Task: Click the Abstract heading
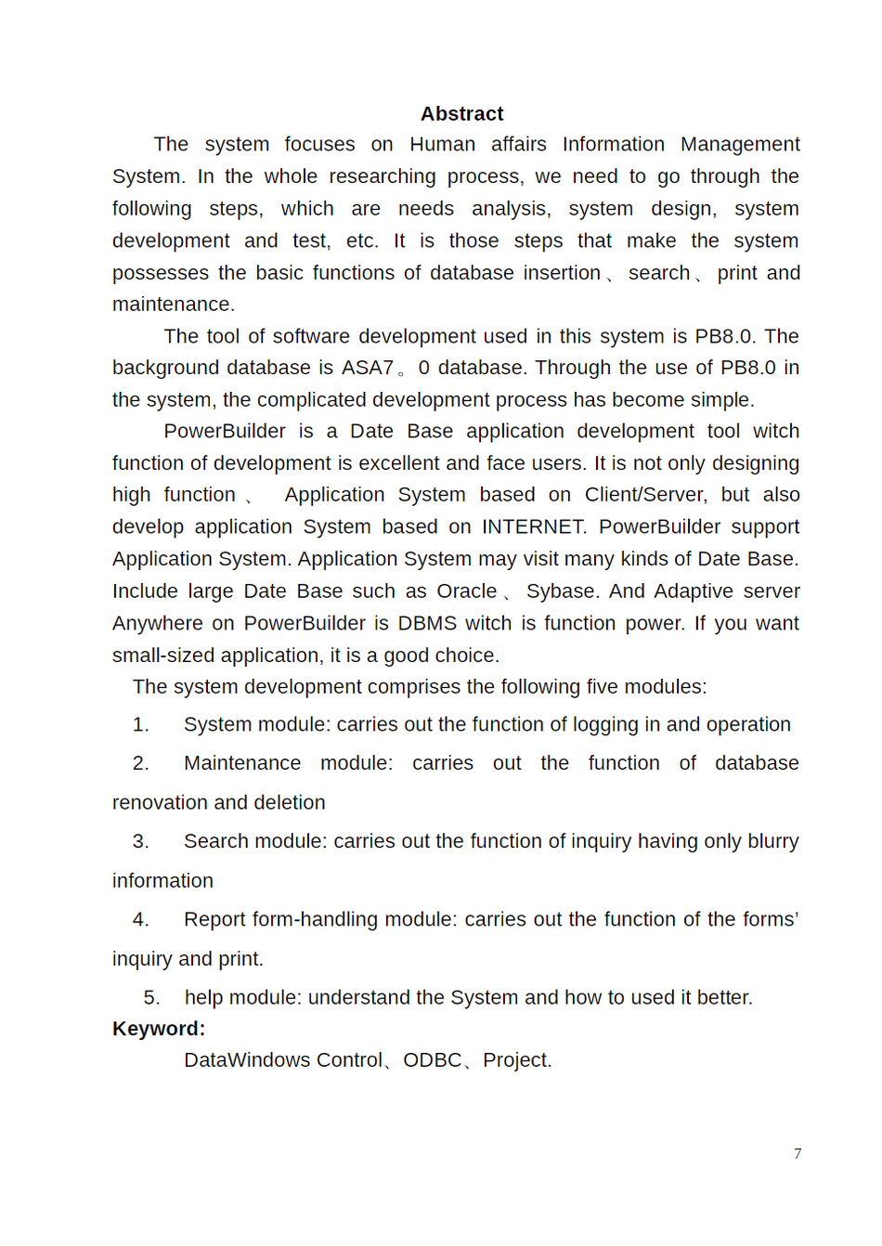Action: click(461, 113)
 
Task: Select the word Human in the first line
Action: click(442, 144)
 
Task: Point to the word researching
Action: click(382, 176)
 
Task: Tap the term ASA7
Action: click(368, 368)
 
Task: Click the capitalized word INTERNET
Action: click(533, 526)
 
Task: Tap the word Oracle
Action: click(466, 591)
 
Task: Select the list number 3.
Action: click(140, 841)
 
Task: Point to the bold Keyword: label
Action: click(159, 1029)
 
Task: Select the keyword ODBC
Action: click(432, 1060)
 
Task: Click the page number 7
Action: click(798, 1153)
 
